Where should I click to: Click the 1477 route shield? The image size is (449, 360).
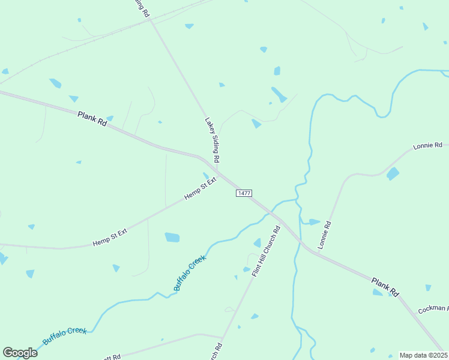(x=244, y=193)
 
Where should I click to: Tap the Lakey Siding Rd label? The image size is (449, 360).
(x=212, y=140)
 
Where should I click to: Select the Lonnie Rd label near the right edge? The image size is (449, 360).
(x=427, y=146)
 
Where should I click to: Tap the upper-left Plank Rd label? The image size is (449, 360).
(x=92, y=118)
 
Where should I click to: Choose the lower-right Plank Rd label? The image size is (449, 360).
(x=385, y=286)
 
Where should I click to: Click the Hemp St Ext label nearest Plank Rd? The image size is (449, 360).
(x=200, y=188)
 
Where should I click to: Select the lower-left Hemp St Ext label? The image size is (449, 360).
(x=110, y=236)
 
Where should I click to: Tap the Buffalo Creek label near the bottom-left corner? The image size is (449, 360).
(x=65, y=336)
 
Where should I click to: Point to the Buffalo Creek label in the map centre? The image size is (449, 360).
(x=190, y=273)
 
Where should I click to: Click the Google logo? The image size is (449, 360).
(x=20, y=353)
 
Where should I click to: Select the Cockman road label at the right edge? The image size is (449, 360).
(x=433, y=309)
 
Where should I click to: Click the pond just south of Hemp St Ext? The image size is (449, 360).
(x=172, y=238)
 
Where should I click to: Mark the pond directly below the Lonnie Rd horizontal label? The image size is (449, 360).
(x=393, y=174)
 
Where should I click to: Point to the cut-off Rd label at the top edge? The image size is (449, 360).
(x=141, y=7)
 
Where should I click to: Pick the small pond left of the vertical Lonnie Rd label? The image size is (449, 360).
(x=314, y=222)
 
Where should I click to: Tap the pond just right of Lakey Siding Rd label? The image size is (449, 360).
(x=256, y=124)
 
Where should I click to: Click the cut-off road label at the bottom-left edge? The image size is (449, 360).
(x=113, y=356)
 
